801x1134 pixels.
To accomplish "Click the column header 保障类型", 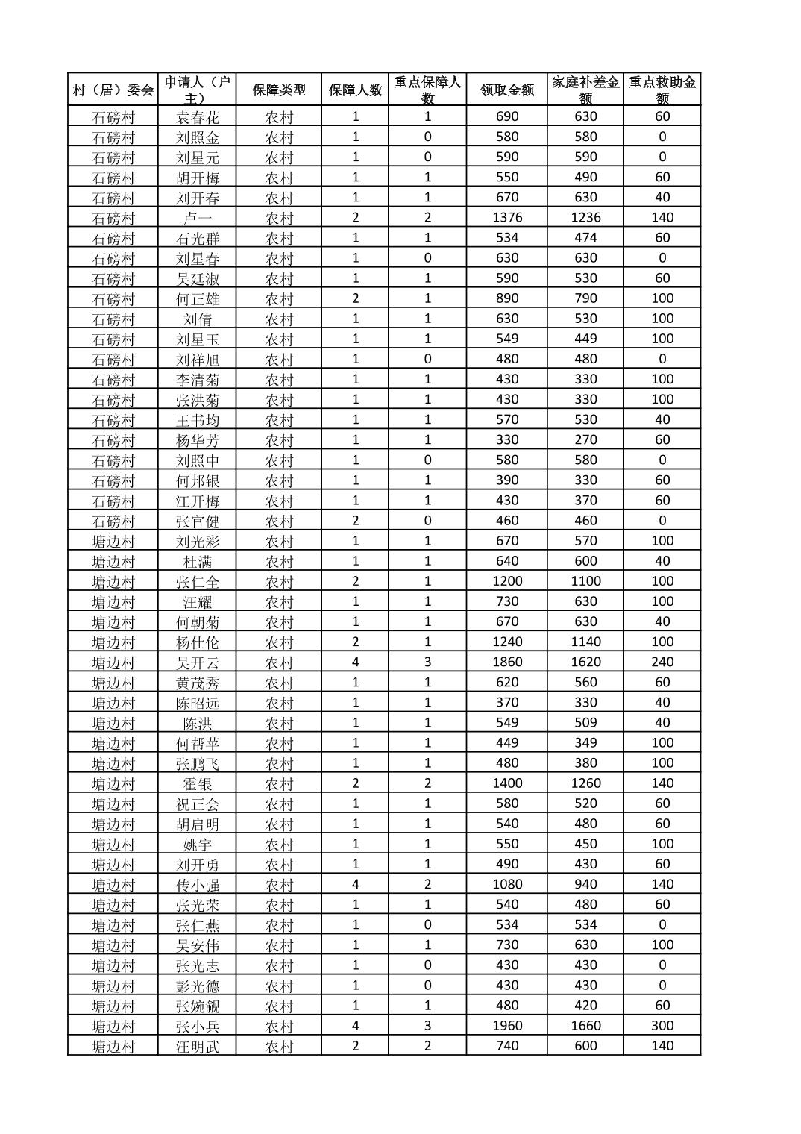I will coord(279,90).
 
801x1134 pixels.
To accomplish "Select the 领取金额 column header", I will coord(507,90).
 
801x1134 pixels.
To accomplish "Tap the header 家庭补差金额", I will coord(585,90).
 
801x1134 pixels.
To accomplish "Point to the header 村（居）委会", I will coord(113,90).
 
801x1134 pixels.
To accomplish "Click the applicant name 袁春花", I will coord(198,117).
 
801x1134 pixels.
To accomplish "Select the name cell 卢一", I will coord(198,218).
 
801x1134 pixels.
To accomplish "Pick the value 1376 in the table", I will coord(507,218).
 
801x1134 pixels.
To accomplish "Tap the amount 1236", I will coord(585,218).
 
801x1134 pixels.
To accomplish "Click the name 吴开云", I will coord(198,662).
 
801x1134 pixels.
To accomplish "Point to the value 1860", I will coord(507,662).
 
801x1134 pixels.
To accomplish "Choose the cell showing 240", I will coord(662,662).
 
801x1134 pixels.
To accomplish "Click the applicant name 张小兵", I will coord(198,1026).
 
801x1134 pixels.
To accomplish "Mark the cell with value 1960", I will coord(507,1026).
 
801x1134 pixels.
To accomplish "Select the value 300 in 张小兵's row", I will coord(662,1026).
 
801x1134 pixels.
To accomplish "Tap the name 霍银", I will coord(198,783).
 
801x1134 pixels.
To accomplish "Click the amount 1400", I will coord(507,783).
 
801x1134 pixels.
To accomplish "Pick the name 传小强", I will coord(198,885).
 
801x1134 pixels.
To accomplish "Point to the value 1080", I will coord(507,884).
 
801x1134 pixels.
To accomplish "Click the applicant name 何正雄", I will coord(198,299).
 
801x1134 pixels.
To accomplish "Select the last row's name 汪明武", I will coord(198,1046).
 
